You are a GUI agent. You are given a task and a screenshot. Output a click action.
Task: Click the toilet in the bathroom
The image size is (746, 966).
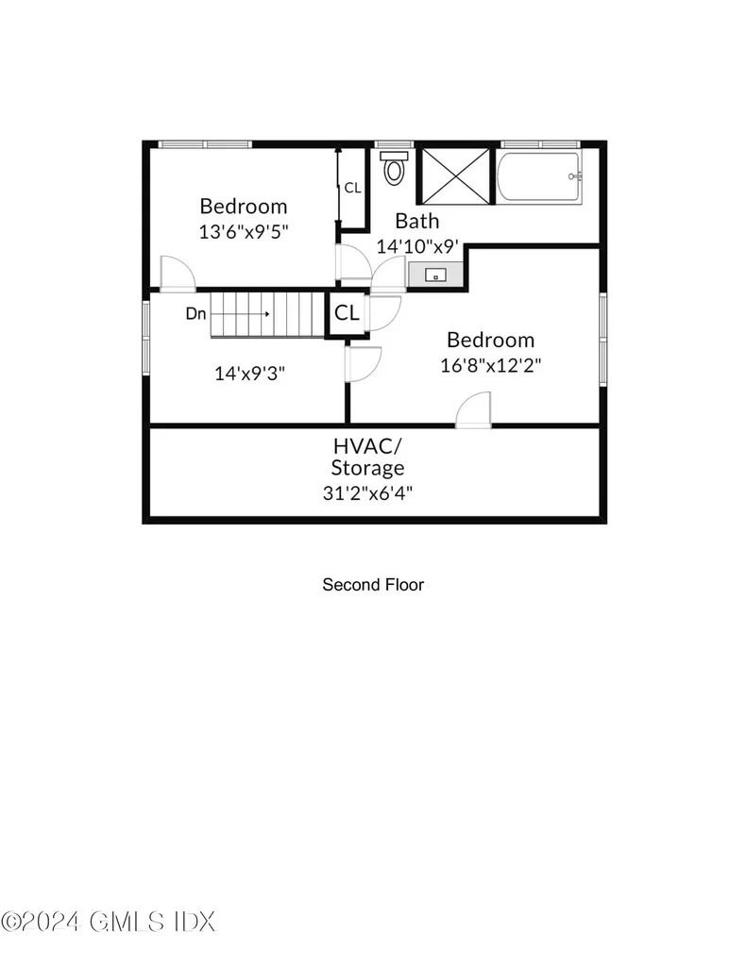point(395,167)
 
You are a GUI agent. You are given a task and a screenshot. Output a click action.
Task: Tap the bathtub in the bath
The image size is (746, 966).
point(539,176)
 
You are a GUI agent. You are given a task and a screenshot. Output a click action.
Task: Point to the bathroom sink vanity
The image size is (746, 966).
point(435,275)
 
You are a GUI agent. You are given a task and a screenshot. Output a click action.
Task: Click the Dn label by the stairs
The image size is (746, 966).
point(195,313)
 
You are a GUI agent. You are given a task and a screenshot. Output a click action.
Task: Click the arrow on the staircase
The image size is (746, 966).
point(241,314)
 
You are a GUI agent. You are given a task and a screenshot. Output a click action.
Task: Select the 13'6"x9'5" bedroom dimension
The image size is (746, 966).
point(244,232)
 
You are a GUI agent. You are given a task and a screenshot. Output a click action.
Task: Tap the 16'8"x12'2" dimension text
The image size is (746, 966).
point(490,365)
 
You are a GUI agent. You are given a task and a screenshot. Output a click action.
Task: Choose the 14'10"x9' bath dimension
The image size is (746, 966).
point(417,246)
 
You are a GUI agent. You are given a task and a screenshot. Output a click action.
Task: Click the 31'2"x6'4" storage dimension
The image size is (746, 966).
point(367,492)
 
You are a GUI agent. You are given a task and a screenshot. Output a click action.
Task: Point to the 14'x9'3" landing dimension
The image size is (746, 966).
point(249,374)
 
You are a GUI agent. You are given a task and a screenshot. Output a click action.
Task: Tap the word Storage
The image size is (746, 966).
point(367,468)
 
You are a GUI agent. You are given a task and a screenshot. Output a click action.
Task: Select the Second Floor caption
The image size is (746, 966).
point(373,585)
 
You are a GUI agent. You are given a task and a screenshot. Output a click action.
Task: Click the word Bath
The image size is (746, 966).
point(417,221)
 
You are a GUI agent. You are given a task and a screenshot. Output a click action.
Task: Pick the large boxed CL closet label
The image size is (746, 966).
point(347,313)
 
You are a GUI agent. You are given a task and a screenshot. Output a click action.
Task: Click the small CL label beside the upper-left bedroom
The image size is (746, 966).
point(352,188)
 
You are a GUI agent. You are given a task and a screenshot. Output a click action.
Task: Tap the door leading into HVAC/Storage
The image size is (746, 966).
point(473,409)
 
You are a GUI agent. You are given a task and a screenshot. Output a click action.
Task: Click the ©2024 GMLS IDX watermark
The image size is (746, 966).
point(109,922)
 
